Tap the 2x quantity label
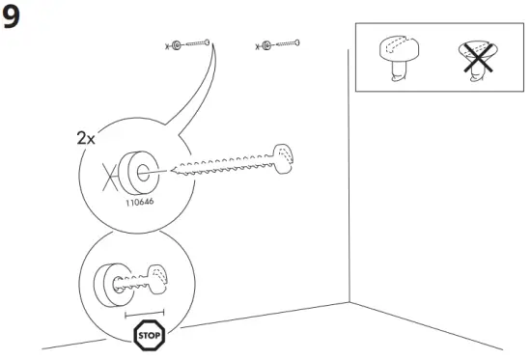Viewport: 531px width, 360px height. tap(87, 138)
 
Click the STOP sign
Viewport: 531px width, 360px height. tap(149, 336)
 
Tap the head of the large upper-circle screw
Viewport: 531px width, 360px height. tap(287, 157)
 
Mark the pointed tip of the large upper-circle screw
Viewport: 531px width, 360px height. tap(173, 173)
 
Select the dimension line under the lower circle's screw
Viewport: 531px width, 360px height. tap(145, 313)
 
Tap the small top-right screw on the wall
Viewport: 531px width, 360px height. tap(288, 43)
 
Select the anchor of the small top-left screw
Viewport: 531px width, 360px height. tap(175, 45)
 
